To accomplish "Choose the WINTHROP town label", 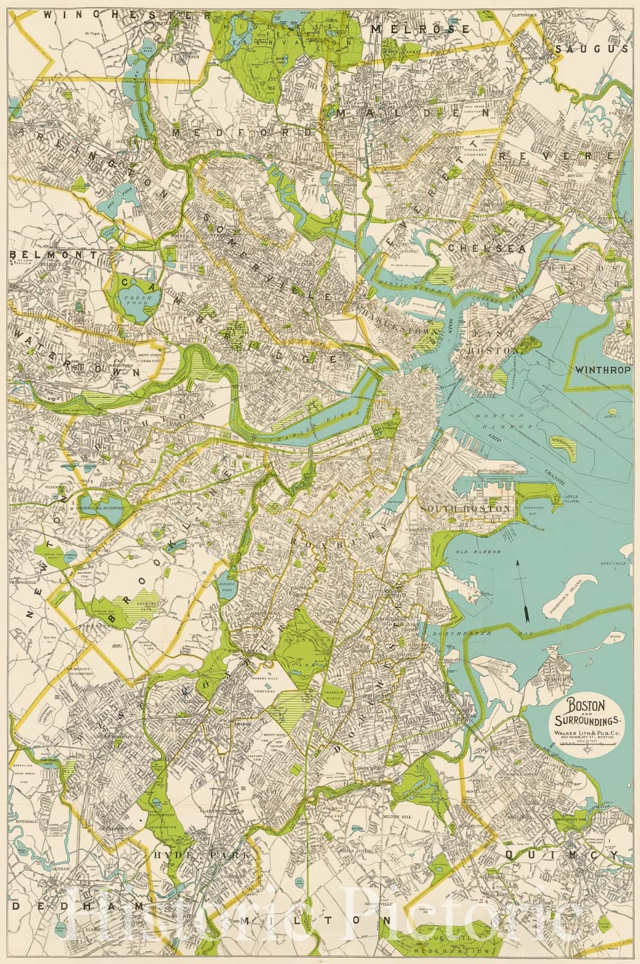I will coord(603,370).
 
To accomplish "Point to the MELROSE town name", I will coord(420,29).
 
